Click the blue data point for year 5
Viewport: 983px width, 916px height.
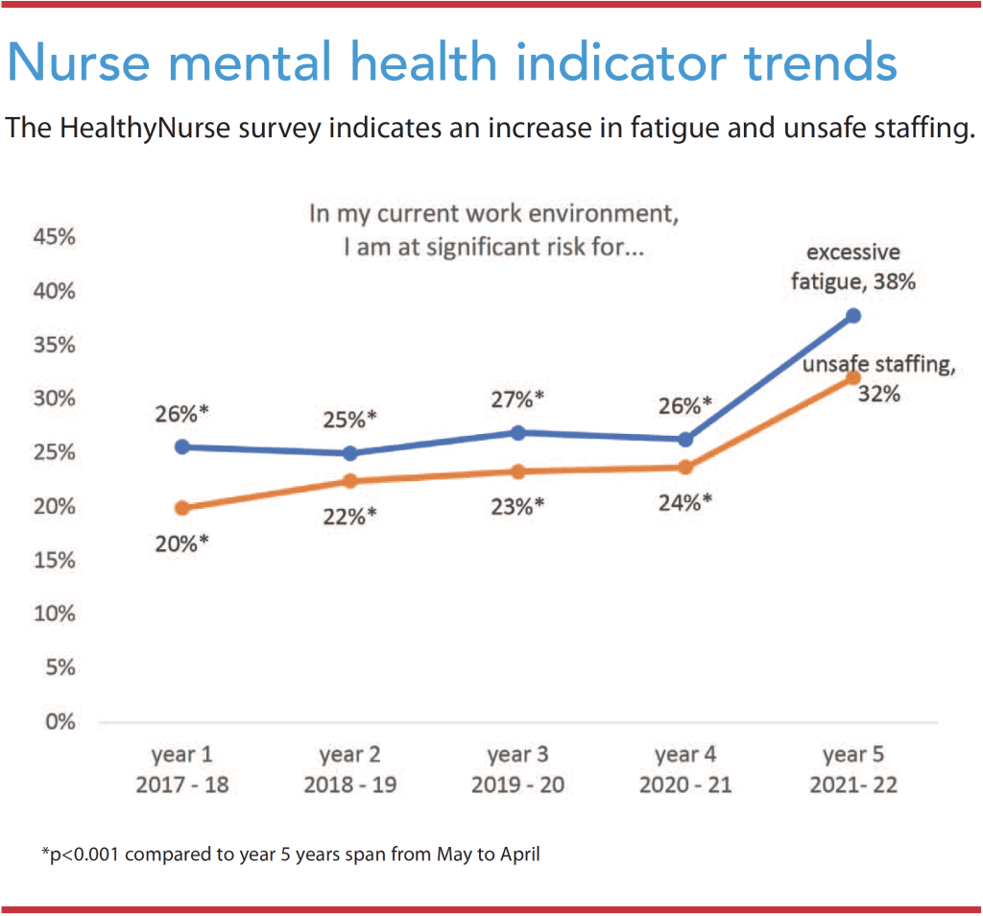point(853,316)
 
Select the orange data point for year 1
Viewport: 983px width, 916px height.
point(182,508)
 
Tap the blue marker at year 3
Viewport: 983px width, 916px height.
point(518,433)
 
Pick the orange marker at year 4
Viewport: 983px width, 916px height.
point(685,468)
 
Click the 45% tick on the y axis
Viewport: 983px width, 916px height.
point(55,237)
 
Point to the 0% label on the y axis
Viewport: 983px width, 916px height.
point(60,722)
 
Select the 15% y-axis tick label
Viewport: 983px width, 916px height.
point(55,560)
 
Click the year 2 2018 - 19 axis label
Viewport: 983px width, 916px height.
point(350,770)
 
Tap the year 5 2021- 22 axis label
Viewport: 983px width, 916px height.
point(853,770)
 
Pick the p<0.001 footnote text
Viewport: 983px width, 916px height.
point(291,853)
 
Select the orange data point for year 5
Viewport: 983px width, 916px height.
point(853,377)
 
